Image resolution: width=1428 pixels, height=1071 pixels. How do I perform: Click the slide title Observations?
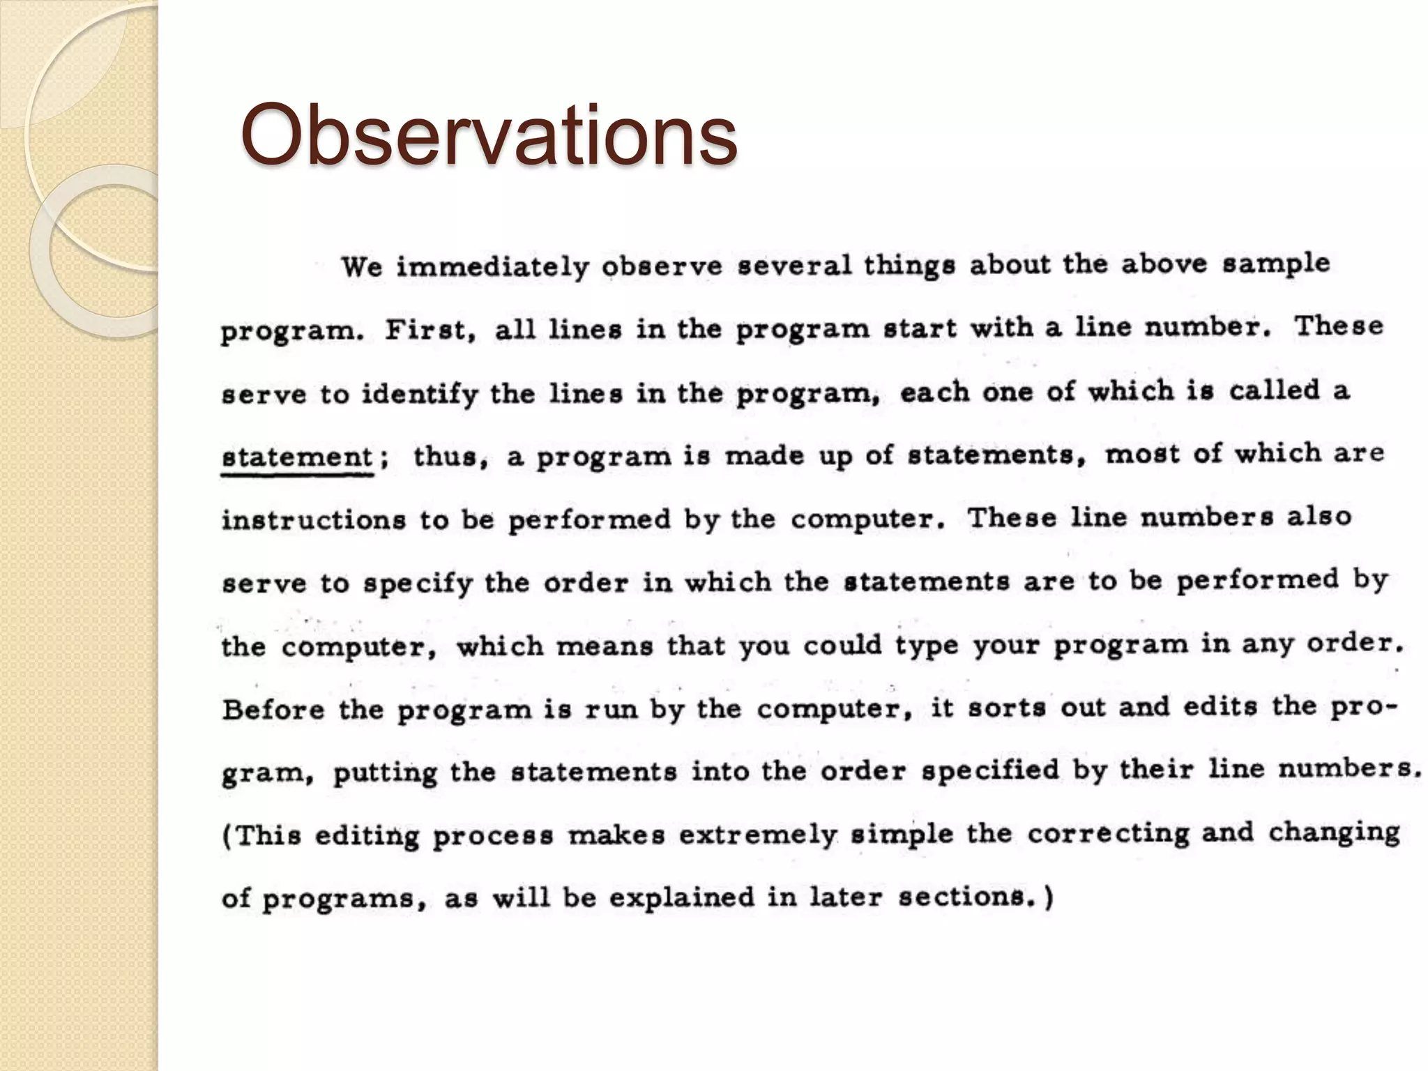(488, 136)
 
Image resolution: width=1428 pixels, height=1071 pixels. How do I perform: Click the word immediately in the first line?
(492, 267)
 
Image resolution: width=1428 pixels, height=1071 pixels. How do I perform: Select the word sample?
(1276, 264)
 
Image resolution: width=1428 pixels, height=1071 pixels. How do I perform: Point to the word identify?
(420, 395)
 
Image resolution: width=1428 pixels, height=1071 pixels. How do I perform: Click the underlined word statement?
(297, 457)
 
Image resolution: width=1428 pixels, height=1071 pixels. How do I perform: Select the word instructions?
(313, 520)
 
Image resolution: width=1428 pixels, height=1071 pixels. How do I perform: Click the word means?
(605, 646)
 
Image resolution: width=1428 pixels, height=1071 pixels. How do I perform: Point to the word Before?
(273, 710)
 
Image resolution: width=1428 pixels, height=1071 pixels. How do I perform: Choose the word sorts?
(1006, 708)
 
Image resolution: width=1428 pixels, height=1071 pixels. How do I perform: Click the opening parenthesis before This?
(227, 836)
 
